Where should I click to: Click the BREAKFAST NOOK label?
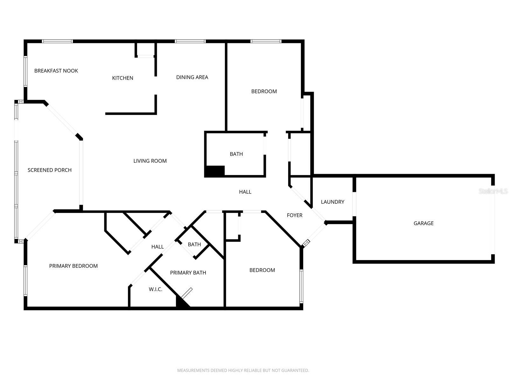[x=56, y=71]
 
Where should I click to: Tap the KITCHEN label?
[x=123, y=78]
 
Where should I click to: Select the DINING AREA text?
[x=192, y=77]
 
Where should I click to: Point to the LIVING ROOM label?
[x=150, y=161]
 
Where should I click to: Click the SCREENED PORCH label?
[x=50, y=170]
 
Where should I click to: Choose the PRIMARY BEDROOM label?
[x=73, y=266]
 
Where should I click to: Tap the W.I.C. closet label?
[x=156, y=289]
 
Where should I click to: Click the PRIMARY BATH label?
[x=188, y=273]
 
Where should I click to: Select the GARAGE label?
[x=424, y=223]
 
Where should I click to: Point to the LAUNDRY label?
[x=332, y=202]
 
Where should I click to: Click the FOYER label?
[x=295, y=216]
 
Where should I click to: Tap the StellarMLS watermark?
[x=493, y=191]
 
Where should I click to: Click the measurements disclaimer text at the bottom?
[x=243, y=371]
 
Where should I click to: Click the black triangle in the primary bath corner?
[x=182, y=302]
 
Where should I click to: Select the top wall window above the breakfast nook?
[x=57, y=41]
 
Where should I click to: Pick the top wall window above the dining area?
[x=190, y=41]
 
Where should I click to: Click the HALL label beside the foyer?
[x=245, y=192]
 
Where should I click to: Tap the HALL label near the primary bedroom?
[x=157, y=247]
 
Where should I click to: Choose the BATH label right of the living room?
[x=236, y=154]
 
